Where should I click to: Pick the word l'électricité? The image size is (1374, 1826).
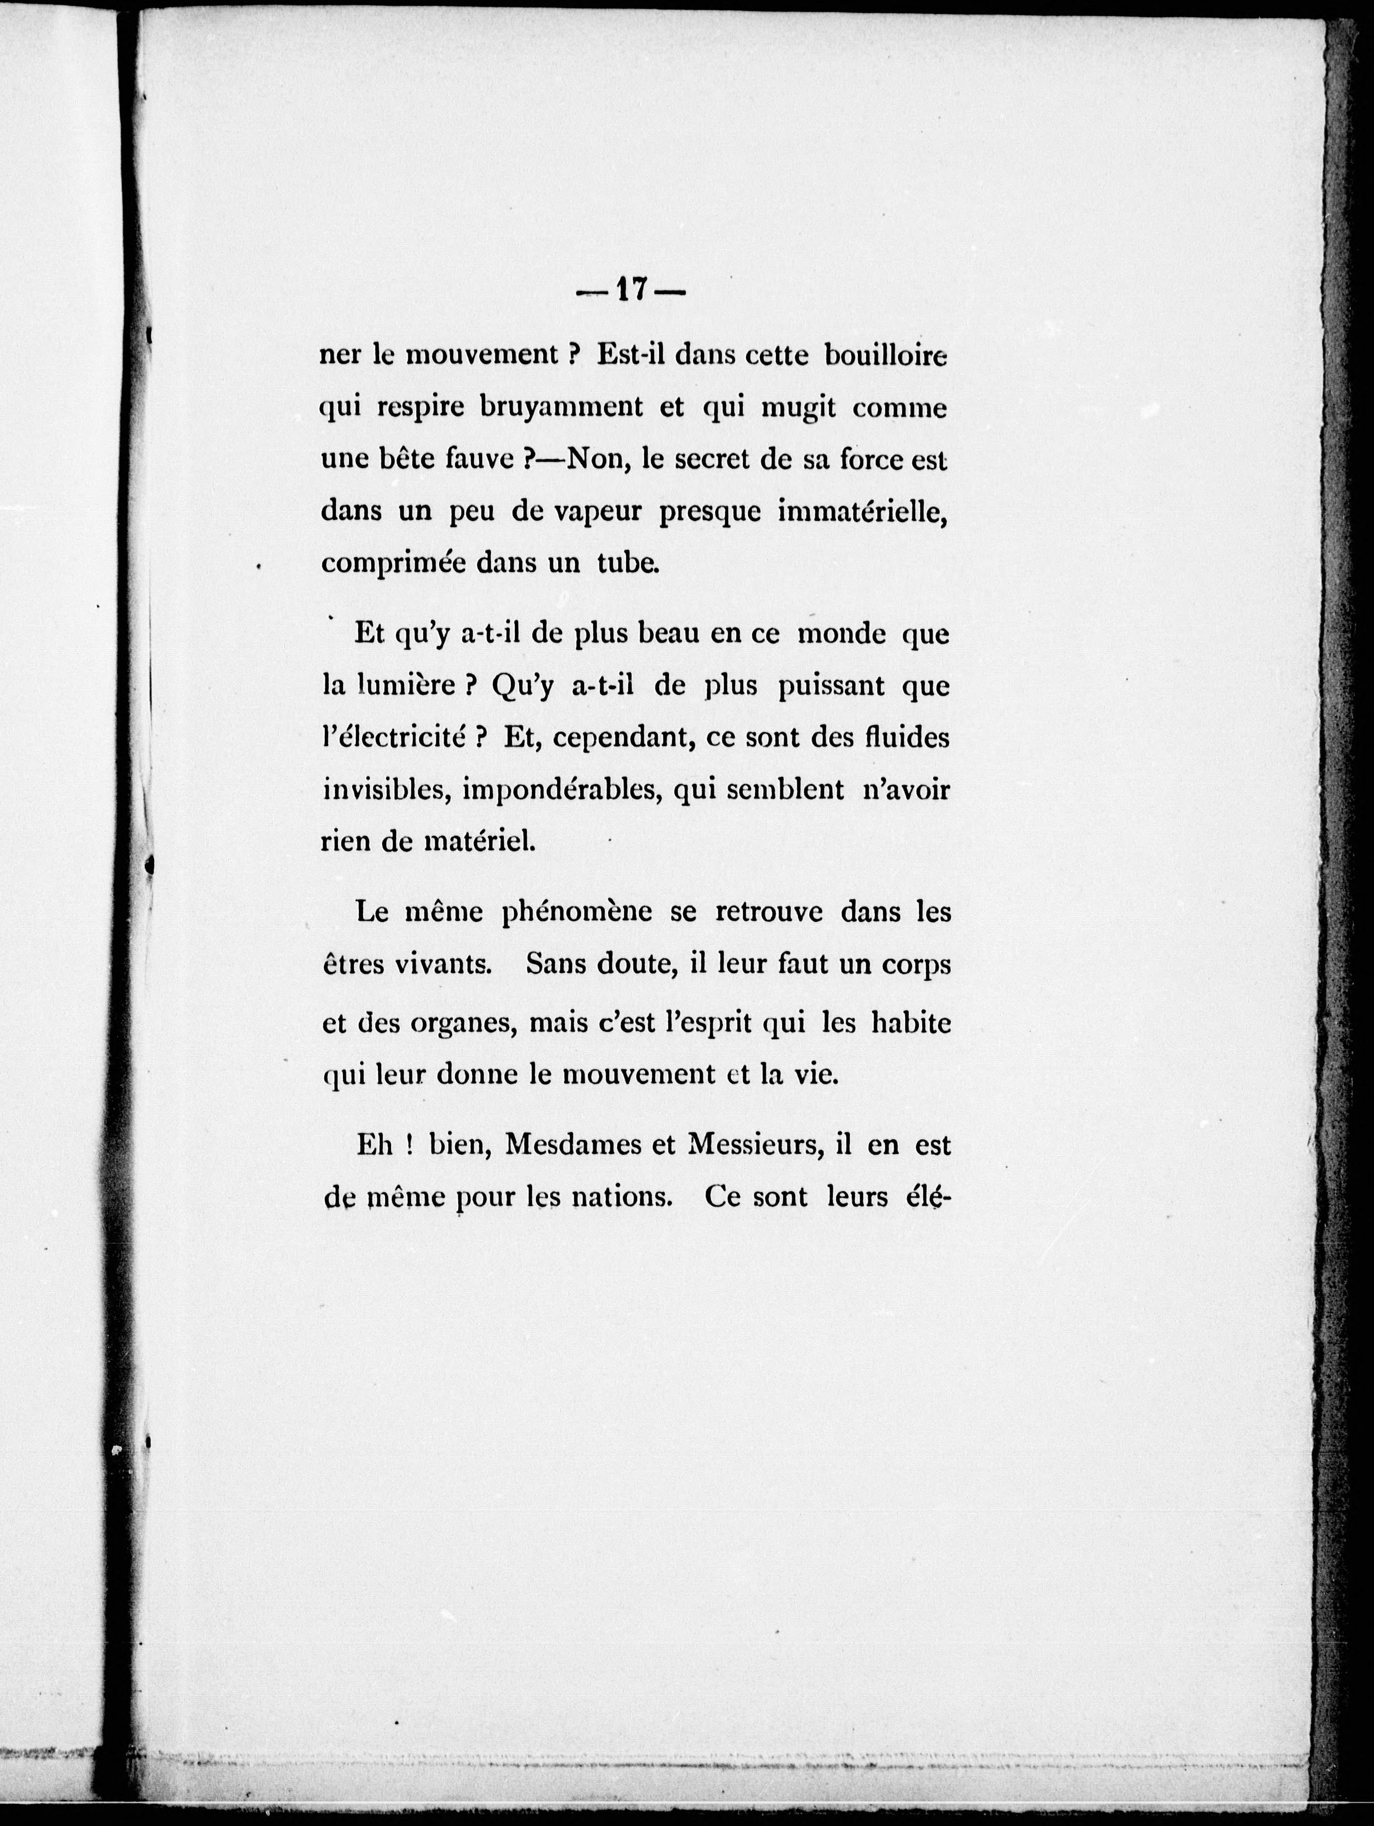tap(392, 738)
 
